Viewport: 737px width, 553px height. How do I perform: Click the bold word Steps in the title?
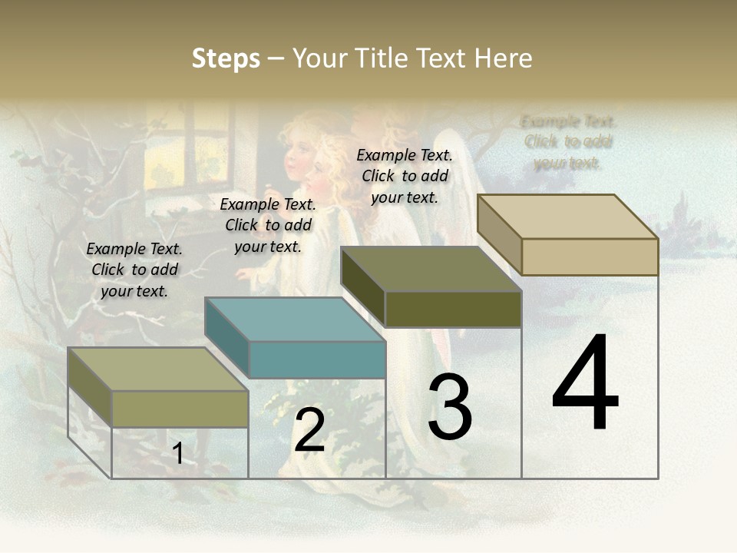coord(226,58)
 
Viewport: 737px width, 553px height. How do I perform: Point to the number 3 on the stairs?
coord(450,407)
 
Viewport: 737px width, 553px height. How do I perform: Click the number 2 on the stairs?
coord(309,431)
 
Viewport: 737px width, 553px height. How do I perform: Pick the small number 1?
coord(177,454)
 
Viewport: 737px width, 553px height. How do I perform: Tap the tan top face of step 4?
coord(567,217)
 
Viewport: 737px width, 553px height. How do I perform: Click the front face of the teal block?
coord(317,359)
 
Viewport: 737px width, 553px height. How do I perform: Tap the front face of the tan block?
coord(590,257)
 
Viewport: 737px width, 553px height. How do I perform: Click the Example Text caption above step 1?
coord(134,270)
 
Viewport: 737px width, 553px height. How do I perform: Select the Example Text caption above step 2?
coord(268,225)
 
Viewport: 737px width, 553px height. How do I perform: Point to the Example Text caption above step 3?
coord(405,176)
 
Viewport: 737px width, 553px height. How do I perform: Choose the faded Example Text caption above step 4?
coord(568,142)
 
